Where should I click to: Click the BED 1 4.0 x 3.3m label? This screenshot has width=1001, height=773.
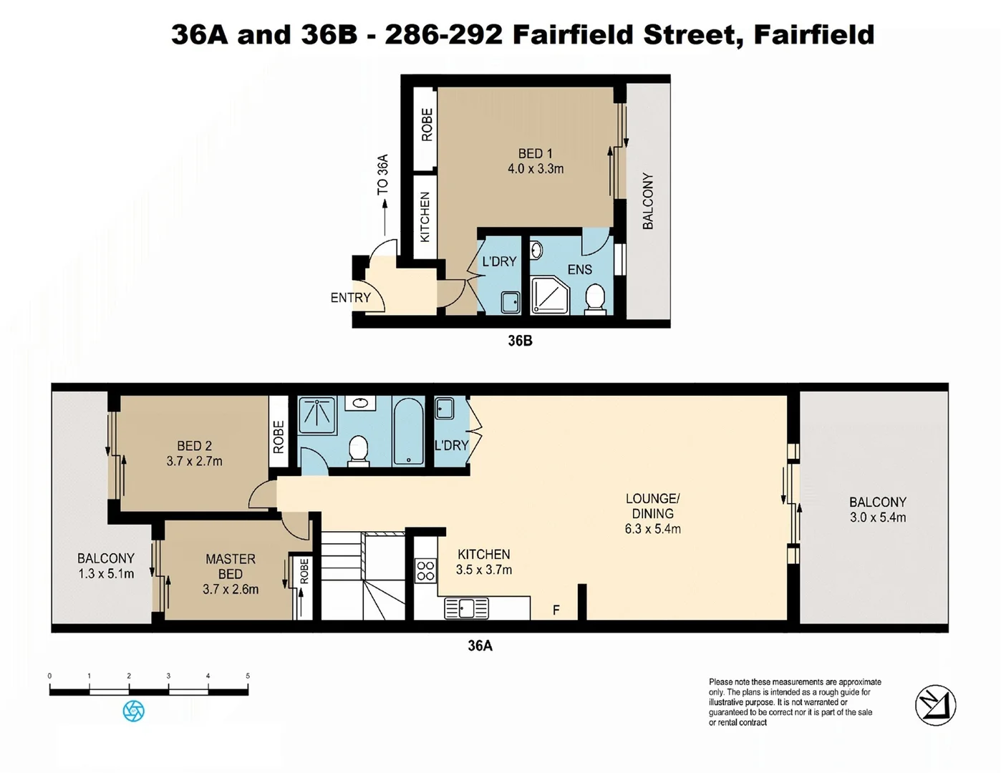pos(535,161)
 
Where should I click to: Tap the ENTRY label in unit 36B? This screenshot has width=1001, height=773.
pos(350,298)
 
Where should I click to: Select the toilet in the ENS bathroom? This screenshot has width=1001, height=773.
pos(595,298)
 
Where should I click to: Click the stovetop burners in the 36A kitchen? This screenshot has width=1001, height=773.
pos(425,570)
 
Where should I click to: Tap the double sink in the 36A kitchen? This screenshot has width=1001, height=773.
pos(466,608)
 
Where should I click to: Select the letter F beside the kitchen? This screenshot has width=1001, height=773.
pos(556,611)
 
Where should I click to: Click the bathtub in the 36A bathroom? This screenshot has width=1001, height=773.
pos(408,432)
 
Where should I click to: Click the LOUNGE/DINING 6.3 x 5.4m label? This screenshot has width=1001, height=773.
pos(652,514)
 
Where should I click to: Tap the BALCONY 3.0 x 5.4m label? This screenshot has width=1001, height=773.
pos(877,510)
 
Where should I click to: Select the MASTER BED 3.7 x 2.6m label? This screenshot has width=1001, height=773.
pos(230,574)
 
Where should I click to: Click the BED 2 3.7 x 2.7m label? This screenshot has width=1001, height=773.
pos(194,454)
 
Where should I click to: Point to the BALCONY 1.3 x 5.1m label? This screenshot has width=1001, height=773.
pos(106,565)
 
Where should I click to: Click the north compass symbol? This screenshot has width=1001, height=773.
pos(935,705)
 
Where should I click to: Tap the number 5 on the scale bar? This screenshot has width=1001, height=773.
pos(248,676)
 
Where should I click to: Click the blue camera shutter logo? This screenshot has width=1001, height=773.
pos(134,711)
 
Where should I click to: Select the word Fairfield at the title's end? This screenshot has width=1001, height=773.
pos(813,34)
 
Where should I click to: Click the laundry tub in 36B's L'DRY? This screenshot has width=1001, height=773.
pos(510,302)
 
